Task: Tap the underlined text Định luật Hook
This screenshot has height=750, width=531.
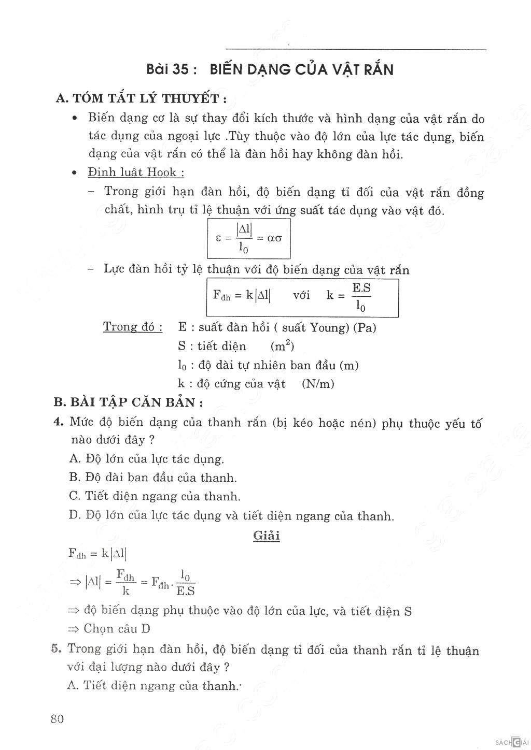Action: tap(136, 172)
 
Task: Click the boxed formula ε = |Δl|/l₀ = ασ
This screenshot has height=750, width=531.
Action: tap(249, 238)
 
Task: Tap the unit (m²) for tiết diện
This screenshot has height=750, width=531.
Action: tap(282, 345)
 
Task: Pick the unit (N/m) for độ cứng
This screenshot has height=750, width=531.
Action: tap(318, 384)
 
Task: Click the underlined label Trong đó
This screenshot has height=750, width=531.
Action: tap(132, 327)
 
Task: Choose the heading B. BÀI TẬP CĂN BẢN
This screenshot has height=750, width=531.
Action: tap(128, 402)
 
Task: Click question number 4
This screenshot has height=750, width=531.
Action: tap(59, 422)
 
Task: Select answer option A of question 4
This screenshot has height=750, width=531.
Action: tap(146, 458)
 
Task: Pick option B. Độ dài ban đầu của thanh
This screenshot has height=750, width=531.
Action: tap(152, 477)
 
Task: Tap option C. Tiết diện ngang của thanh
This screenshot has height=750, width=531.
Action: tap(155, 496)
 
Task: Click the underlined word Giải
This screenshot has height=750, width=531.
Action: tap(267, 536)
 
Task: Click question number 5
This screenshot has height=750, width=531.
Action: tap(57, 648)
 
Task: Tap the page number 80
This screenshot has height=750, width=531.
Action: tap(58, 719)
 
